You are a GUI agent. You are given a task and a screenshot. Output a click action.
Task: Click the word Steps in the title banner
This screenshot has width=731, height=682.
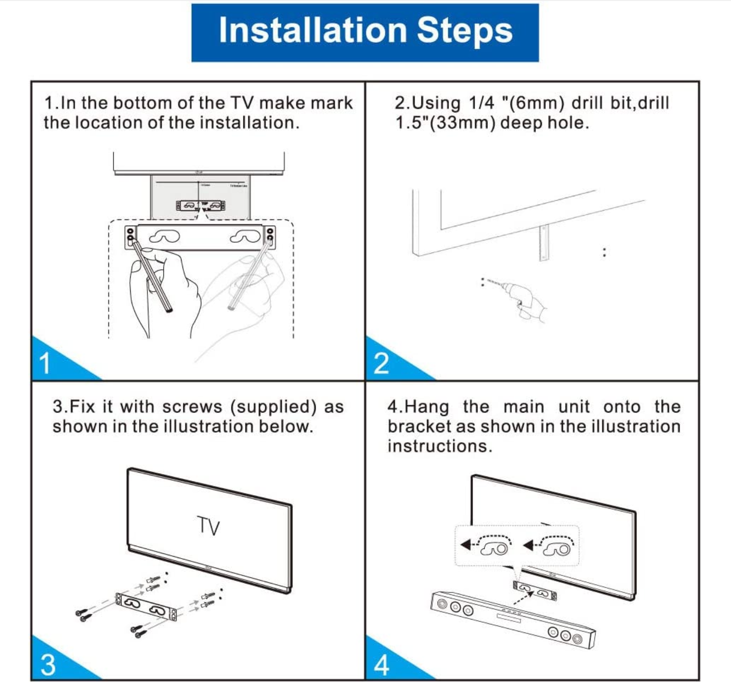click(464, 31)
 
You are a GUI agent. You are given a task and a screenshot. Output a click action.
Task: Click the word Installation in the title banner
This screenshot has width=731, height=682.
click(313, 31)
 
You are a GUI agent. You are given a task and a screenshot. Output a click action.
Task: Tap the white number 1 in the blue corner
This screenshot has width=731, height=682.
click(45, 364)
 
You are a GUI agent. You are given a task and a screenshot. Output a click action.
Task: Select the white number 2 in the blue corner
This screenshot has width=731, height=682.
click(381, 364)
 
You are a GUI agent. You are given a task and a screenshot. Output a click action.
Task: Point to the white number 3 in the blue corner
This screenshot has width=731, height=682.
click(48, 665)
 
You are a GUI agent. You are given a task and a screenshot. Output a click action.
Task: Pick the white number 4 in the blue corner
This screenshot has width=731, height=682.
click(381, 665)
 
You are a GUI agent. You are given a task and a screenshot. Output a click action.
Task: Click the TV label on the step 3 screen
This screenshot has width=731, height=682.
click(208, 526)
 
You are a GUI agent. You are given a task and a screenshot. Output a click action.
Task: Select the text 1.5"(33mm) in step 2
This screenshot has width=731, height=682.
click(445, 123)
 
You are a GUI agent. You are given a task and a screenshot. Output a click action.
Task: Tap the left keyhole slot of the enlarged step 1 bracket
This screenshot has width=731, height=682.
click(164, 237)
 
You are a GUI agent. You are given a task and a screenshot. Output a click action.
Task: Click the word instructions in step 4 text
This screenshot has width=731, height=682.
click(439, 447)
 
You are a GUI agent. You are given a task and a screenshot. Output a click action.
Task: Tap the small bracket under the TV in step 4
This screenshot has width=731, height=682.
click(535, 592)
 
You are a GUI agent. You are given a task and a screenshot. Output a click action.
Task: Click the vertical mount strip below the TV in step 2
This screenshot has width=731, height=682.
click(544, 243)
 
